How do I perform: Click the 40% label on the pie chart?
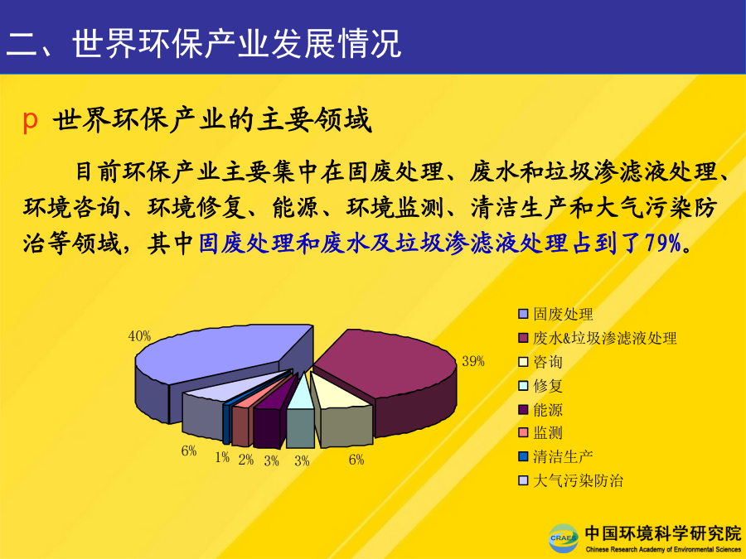(139, 336)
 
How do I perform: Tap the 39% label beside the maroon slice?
(473, 361)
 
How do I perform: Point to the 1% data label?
(222, 457)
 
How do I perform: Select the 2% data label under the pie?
(246, 459)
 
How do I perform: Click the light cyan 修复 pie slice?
(300, 413)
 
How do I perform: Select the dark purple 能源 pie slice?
(269, 418)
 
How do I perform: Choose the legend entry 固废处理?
(555, 314)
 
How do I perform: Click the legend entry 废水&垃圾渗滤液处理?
(598, 338)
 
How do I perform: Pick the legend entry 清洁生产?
(555, 457)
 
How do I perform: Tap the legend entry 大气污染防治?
(571, 480)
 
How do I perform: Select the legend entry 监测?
(540, 433)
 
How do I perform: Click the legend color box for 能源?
(523, 409)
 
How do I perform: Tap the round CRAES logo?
(564, 538)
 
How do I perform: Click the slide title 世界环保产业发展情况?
(236, 44)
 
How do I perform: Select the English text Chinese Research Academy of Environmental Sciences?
(663, 550)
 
